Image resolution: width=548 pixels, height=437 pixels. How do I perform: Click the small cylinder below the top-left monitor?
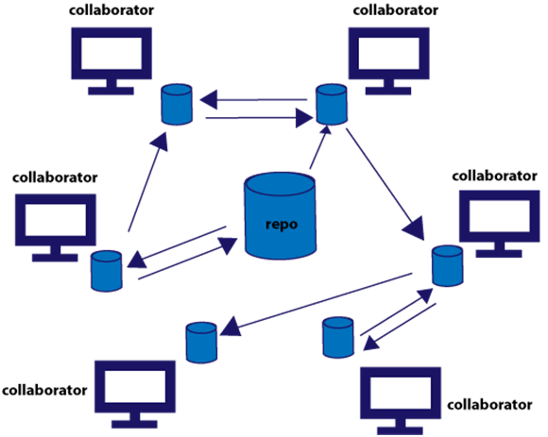click(x=174, y=105)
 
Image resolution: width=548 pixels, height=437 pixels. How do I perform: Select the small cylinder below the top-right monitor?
click(x=329, y=104)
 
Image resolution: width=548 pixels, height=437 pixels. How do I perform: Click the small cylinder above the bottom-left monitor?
click(x=199, y=342)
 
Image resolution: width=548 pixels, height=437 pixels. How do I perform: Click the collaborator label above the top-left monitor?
click(x=109, y=10)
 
